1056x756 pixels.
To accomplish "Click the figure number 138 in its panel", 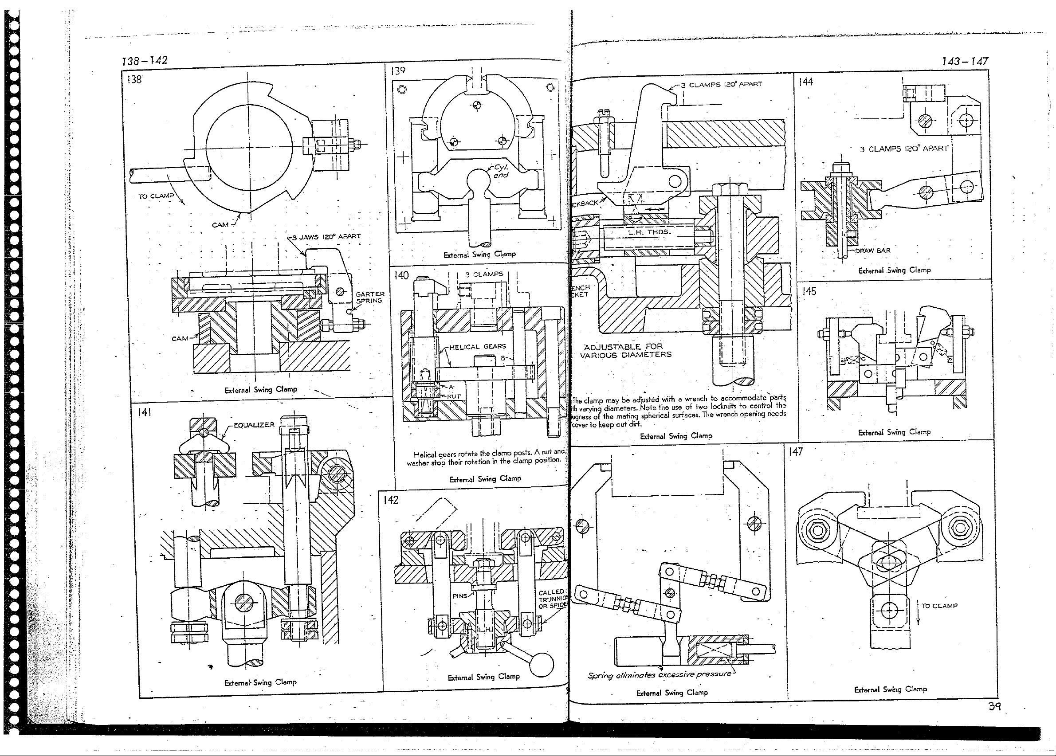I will click(x=134, y=80).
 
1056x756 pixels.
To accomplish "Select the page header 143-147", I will click(x=964, y=62).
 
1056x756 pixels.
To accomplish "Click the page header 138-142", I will click(x=144, y=60).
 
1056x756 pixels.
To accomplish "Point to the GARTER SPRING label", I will click(x=370, y=297).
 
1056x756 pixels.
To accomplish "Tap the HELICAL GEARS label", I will click(x=477, y=346).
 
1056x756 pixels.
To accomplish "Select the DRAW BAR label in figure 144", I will click(x=872, y=251).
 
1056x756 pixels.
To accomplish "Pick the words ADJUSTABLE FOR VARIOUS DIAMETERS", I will click(x=625, y=351).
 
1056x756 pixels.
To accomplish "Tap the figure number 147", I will click(x=796, y=451).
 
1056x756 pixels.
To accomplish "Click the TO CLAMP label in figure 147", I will click(x=939, y=606).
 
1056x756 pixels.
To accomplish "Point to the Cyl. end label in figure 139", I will click(x=501, y=171).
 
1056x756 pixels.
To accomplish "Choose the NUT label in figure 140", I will click(x=454, y=396).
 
